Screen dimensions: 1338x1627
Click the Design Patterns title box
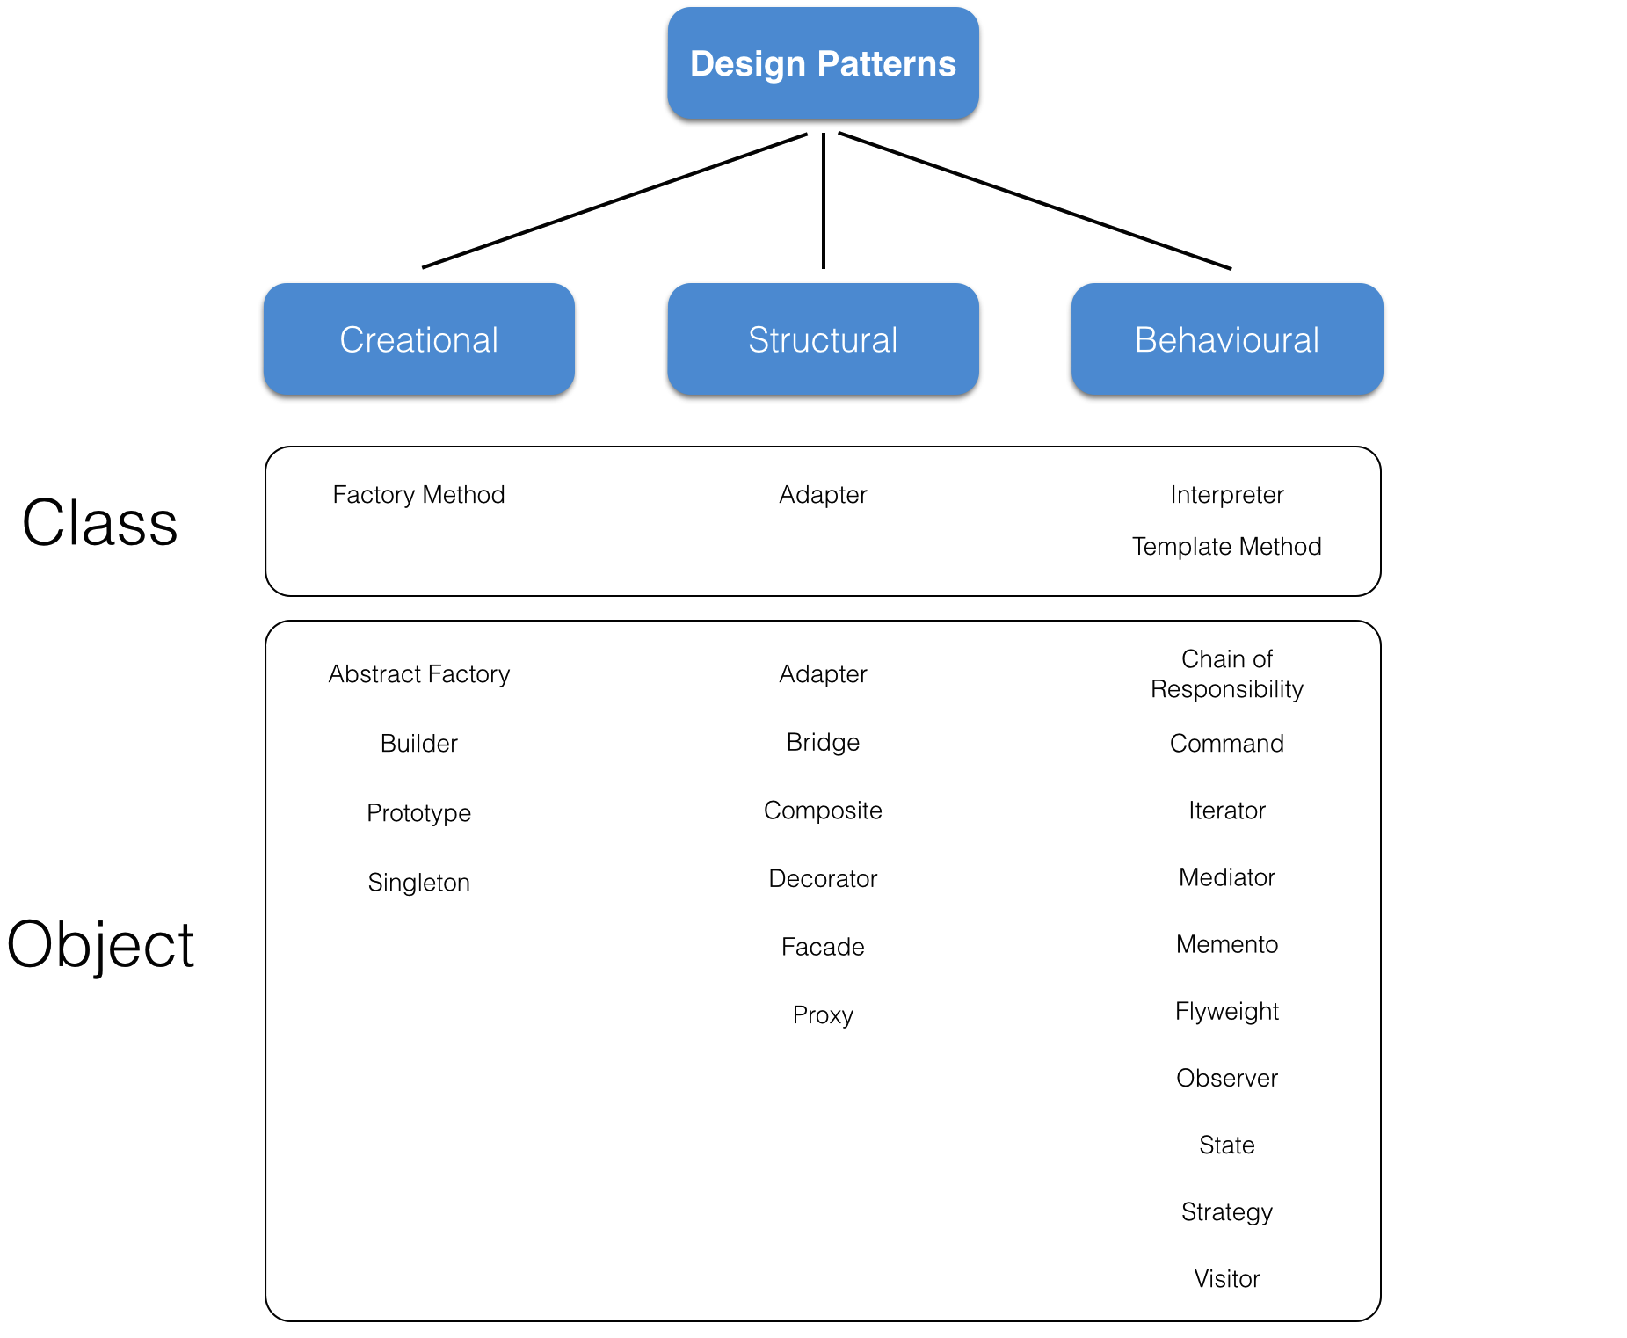(823, 63)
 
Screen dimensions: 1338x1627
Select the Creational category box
(418, 339)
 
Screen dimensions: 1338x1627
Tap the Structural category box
(823, 339)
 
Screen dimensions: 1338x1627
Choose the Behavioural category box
(1226, 339)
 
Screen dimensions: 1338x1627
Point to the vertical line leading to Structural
(823, 200)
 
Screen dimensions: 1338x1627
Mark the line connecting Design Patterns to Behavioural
(1035, 200)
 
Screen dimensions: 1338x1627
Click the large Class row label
(99, 523)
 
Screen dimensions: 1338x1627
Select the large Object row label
(99, 945)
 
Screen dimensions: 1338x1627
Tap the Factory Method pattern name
(418, 495)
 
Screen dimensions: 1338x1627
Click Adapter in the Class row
(823, 495)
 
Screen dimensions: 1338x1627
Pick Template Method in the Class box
(1226, 547)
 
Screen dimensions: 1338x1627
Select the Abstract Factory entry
(418, 674)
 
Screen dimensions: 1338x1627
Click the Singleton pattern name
(418, 883)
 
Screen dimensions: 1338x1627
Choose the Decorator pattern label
(823, 879)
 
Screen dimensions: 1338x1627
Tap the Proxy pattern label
(823, 1015)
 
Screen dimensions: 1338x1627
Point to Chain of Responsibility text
(1226, 674)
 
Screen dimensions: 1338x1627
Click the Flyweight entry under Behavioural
(1226, 1012)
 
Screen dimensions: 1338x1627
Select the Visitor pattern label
(1226, 1279)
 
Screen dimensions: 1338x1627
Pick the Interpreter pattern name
(1226, 495)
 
